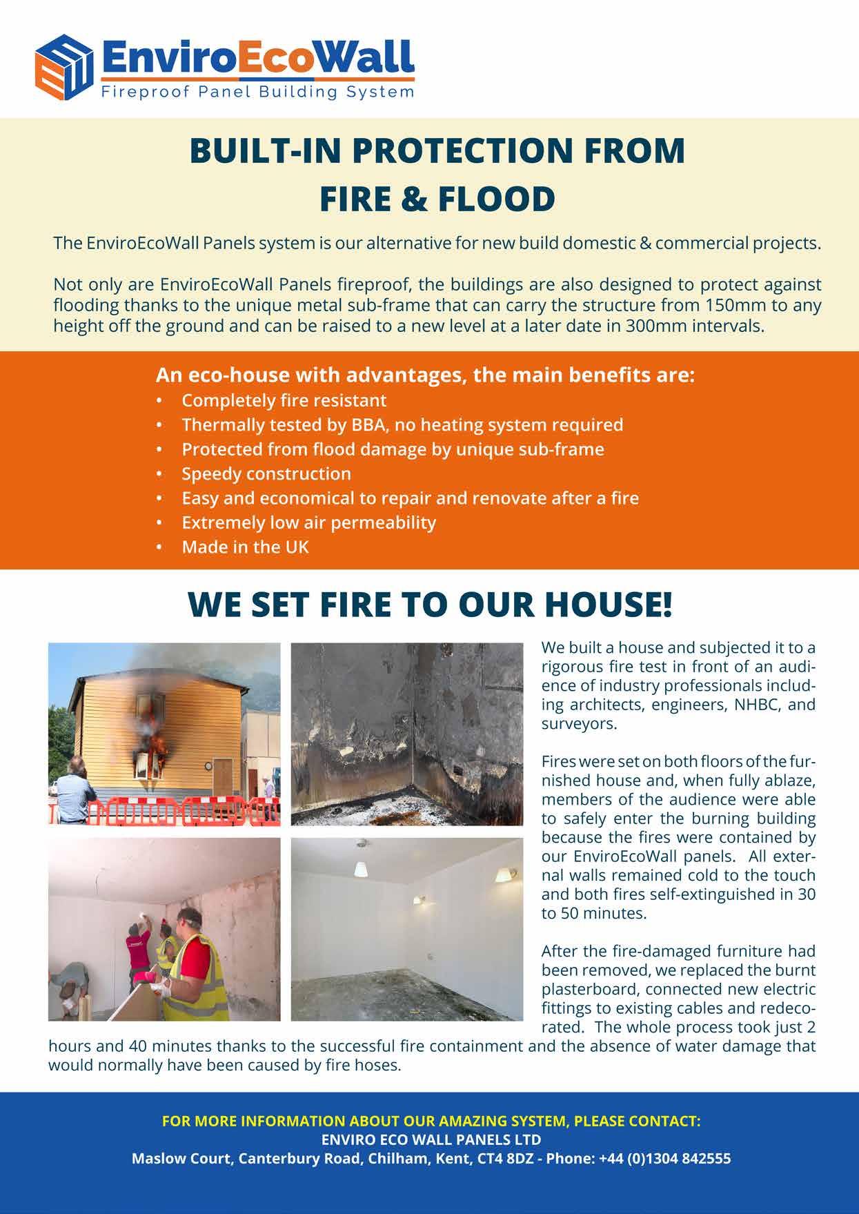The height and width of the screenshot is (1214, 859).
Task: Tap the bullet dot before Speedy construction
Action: (160, 474)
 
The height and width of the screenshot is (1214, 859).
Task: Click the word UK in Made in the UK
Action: (296, 547)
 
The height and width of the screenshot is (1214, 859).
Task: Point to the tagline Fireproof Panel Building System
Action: (257, 92)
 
